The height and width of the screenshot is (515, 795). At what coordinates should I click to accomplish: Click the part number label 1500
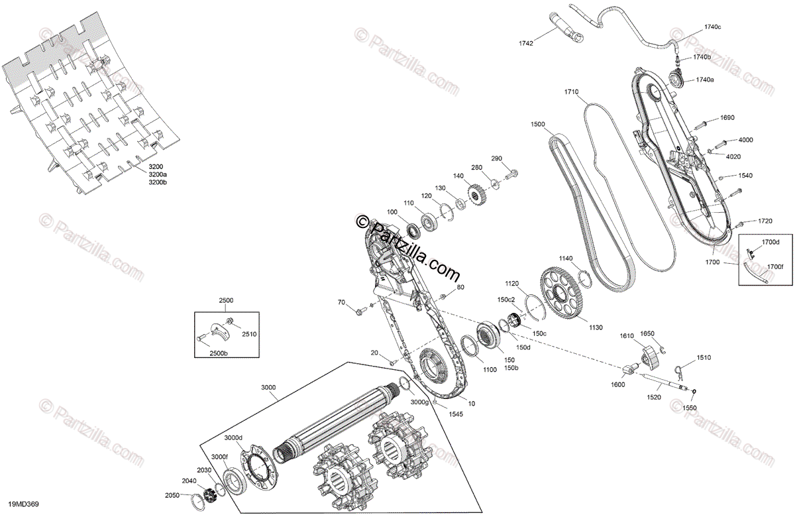537,124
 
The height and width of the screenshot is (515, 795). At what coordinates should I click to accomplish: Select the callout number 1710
572,91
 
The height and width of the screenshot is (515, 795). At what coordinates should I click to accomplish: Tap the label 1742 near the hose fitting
525,43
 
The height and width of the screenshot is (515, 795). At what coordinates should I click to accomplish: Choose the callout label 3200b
158,182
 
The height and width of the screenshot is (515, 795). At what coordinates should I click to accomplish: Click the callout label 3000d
233,437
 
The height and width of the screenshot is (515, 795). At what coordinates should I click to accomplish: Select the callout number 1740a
704,80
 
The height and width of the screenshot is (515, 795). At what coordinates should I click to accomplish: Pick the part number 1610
627,337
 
